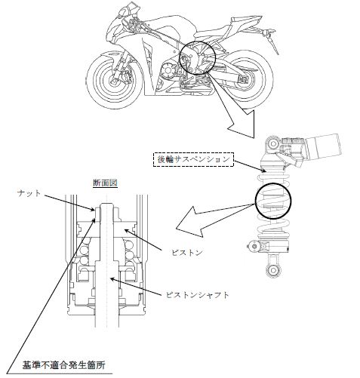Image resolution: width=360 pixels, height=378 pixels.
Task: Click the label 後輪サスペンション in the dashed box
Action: pos(193,159)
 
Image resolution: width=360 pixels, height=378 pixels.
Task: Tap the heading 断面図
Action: pos(105,183)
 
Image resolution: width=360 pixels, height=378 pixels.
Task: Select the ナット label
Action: pos(29,193)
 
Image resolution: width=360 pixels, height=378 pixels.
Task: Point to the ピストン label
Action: pos(187,252)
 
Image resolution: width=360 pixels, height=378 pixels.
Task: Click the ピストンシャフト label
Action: pos(198,295)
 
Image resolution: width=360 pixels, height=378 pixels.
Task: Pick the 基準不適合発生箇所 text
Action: pos(64,364)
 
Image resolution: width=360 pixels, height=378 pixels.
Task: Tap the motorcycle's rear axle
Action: pos(244,79)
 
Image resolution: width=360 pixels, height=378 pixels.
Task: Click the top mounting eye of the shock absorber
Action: pos(272,144)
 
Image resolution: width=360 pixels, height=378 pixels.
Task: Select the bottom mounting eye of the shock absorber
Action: pos(272,271)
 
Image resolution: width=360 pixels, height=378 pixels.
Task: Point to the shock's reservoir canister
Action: pos(325,146)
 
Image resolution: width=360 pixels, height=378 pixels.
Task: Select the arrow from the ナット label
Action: pos(68,202)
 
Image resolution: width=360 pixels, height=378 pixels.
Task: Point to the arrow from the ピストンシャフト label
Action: pos(137,287)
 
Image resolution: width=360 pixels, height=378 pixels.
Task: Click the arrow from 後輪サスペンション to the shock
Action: pos(249,167)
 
